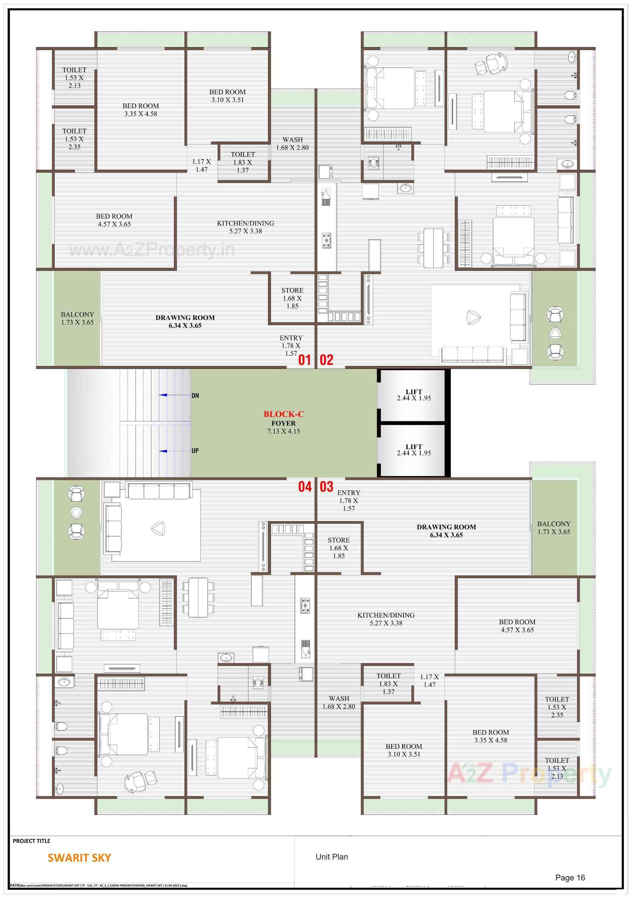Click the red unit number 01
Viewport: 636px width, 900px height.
click(x=304, y=360)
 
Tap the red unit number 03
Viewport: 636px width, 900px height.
click(x=327, y=487)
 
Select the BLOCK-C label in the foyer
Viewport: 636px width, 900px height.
click(x=284, y=414)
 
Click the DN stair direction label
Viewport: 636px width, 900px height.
click(x=195, y=395)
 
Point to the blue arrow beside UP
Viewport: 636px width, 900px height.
click(x=163, y=451)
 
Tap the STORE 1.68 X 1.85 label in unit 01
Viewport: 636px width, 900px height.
click(x=292, y=298)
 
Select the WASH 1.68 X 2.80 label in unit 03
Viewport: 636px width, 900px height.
click(x=339, y=702)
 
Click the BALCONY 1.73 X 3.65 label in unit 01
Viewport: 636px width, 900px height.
click(x=77, y=318)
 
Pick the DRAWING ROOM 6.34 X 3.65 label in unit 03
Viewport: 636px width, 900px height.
click(x=446, y=531)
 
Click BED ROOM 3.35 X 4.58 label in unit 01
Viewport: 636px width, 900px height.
click(x=140, y=110)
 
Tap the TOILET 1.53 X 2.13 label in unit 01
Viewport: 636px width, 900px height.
click(x=75, y=78)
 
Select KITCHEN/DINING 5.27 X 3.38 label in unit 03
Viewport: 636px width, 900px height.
click(x=386, y=619)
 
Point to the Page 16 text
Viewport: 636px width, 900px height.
click(x=570, y=878)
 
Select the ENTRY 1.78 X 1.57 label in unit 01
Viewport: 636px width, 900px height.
click(x=291, y=345)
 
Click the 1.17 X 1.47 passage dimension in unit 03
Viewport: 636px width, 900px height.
click(x=429, y=681)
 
